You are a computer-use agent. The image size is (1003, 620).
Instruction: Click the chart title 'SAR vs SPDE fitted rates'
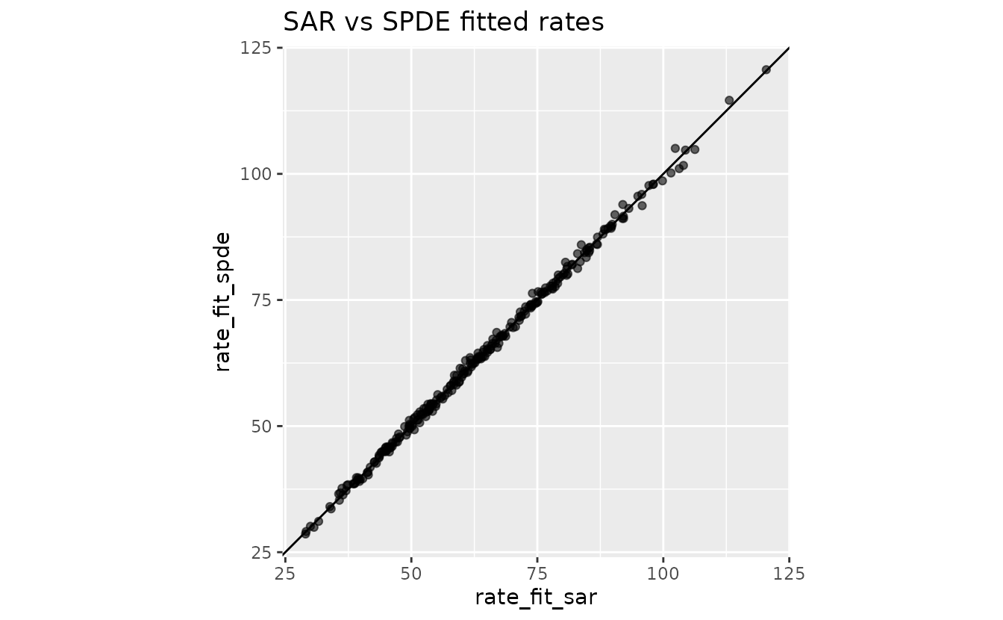(443, 22)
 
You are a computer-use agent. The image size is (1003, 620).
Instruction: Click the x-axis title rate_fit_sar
(536, 598)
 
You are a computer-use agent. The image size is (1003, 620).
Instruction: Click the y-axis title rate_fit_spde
(222, 301)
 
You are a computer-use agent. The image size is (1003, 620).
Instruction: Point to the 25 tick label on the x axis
(285, 574)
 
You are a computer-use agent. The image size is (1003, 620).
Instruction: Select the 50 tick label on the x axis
(411, 574)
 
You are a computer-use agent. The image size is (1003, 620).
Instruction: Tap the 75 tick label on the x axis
(537, 574)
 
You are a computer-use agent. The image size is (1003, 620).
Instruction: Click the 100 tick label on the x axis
(663, 574)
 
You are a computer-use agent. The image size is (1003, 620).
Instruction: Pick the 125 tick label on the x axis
(789, 574)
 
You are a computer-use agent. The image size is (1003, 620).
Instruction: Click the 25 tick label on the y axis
(261, 554)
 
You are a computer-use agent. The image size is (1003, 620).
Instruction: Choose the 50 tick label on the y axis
(261, 427)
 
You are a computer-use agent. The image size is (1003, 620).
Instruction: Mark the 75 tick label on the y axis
(261, 300)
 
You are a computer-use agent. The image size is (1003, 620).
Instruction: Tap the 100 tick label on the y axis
(256, 174)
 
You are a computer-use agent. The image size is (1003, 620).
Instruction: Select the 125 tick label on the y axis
(256, 48)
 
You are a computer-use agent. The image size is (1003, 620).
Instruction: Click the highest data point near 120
(766, 69)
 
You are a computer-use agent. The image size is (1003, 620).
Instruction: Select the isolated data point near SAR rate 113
(729, 100)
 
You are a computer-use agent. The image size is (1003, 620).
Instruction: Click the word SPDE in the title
(416, 22)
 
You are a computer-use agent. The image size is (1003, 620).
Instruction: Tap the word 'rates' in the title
(572, 22)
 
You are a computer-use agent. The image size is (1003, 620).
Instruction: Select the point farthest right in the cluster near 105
(695, 149)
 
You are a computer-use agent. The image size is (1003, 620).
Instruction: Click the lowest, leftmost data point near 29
(305, 533)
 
